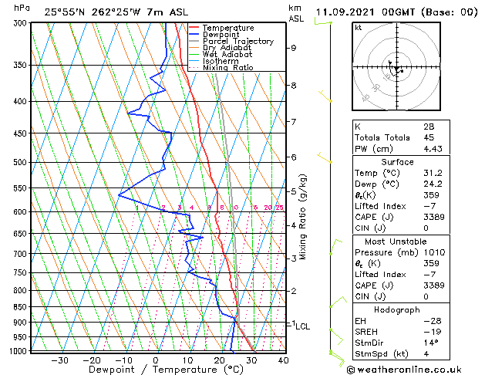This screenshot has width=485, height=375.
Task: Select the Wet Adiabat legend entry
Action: click(226, 55)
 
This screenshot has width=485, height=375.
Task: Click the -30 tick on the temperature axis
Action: click(59, 360)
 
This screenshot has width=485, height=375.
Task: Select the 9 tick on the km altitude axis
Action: click(294, 48)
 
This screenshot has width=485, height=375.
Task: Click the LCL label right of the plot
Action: click(302, 326)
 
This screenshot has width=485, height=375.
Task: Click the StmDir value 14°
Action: click(453, 343)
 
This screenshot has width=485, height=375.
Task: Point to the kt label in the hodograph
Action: click(358, 28)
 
